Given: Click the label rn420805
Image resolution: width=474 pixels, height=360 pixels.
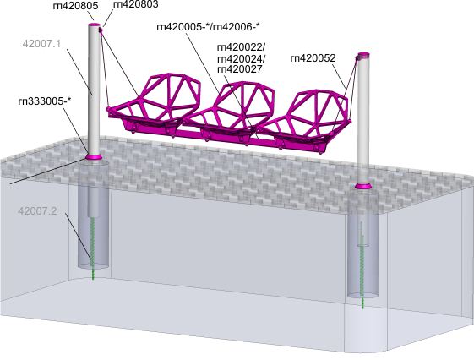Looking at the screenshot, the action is [75, 6].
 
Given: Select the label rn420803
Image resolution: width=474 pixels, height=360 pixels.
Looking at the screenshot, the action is [136, 4].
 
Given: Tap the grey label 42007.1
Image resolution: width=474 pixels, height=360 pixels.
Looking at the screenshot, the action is [41, 44].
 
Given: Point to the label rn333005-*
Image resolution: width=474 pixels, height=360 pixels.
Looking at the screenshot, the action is [45, 101].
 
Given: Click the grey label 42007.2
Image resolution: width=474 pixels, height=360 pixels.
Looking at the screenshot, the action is [37, 211].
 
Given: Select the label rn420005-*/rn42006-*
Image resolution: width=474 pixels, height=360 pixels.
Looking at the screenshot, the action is [209, 27].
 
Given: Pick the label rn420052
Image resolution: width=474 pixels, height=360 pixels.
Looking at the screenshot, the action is [313, 58].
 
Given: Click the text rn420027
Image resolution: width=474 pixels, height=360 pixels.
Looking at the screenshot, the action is [240, 69].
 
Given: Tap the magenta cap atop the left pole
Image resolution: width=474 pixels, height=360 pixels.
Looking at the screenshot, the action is [94, 25].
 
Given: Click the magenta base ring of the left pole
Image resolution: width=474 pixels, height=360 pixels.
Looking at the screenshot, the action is [93, 157].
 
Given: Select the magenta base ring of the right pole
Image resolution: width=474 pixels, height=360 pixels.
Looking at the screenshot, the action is [363, 186].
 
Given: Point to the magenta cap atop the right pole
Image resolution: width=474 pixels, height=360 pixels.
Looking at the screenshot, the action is [363, 55].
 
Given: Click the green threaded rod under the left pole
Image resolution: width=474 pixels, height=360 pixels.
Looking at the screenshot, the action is [93, 248].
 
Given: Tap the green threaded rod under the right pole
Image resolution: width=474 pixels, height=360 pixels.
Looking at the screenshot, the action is [362, 265].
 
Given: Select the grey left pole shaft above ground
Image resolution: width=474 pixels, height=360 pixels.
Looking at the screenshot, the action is [94, 90].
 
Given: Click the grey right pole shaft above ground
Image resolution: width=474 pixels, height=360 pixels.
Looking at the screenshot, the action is [363, 121].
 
